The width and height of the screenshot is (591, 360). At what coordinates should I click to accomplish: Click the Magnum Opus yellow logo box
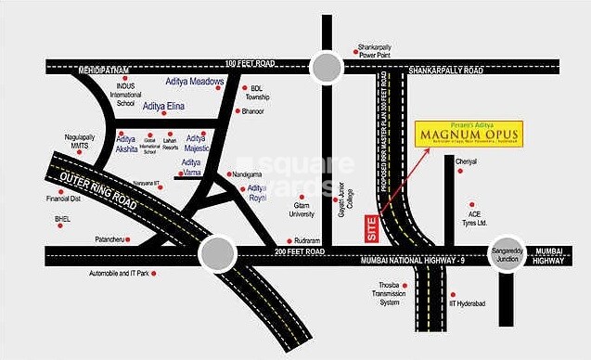click(x=469, y=135)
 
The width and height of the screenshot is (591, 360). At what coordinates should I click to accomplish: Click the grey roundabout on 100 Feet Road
click(x=328, y=65)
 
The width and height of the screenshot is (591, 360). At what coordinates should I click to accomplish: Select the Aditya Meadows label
click(x=196, y=82)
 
